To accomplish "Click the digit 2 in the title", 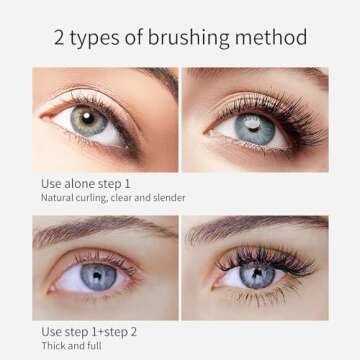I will [60, 39].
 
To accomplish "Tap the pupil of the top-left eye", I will [90, 119].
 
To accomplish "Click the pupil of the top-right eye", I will [254, 124].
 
